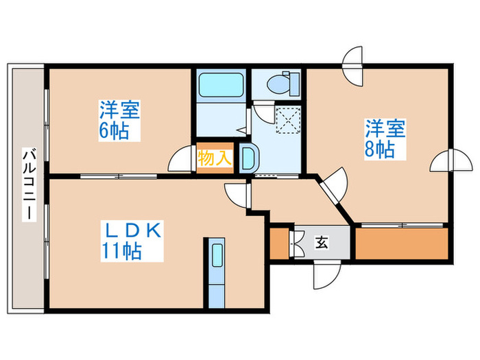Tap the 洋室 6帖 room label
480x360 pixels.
(x=119, y=120)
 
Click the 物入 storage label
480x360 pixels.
(x=214, y=158)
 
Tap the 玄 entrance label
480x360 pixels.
(x=321, y=242)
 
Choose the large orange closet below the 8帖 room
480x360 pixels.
(x=401, y=243)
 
